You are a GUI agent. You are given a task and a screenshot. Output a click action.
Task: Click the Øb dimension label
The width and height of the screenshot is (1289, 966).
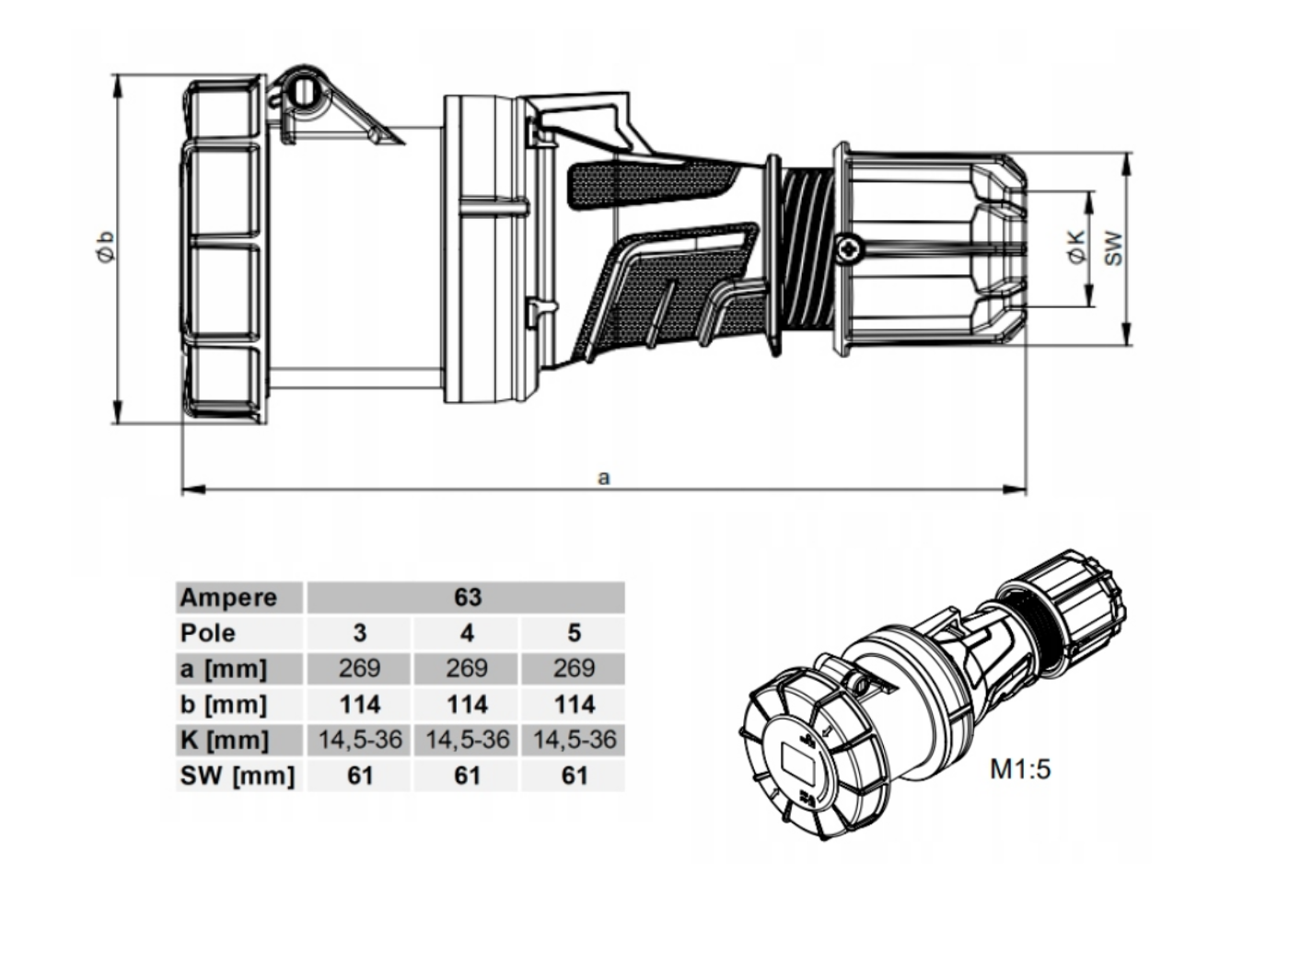(x=106, y=247)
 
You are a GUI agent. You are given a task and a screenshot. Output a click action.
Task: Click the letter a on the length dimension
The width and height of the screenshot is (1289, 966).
(x=604, y=478)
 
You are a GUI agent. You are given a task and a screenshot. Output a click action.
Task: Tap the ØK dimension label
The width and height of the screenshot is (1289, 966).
(x=1077, y=247)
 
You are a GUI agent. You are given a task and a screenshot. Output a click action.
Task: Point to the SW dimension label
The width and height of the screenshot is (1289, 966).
(x=1113, y=248)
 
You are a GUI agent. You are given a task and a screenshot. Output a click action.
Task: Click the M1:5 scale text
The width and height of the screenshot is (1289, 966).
(x=1020, y=769)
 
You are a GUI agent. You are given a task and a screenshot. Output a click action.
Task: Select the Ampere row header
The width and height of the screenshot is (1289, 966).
(x=228, y=598)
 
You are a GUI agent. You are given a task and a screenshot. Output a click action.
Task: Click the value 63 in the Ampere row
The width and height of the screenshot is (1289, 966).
(x=468, y=597)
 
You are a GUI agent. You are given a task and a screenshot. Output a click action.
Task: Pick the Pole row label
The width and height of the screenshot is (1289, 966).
(x=207, y=633)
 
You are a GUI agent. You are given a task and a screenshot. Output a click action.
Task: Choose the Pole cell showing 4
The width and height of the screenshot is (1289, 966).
(x=467, y=633)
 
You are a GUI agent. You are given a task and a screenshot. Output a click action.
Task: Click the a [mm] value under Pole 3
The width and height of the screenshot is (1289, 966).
(x=359, y=669)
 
